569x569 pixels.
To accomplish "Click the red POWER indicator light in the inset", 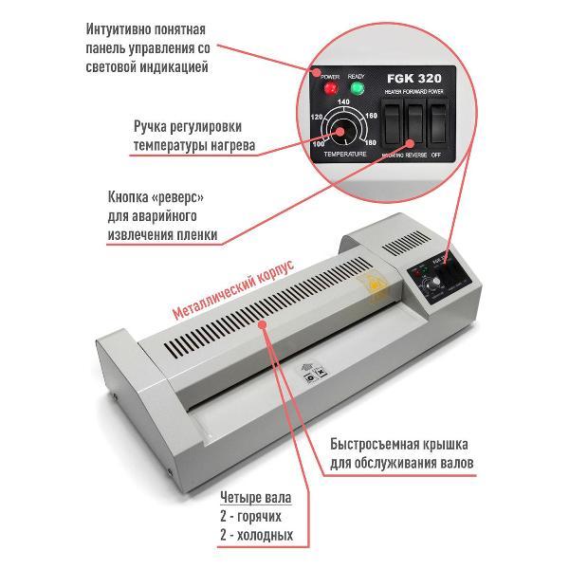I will pyautogui.click(x=331, y=88).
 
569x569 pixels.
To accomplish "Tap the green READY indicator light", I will pyautogui.click(x=358, y=89).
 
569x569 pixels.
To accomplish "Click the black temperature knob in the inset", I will pyautogui.click(x=343, y=130).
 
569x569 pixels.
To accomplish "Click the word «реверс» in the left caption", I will pyautogui.click(x=174, y=197).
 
